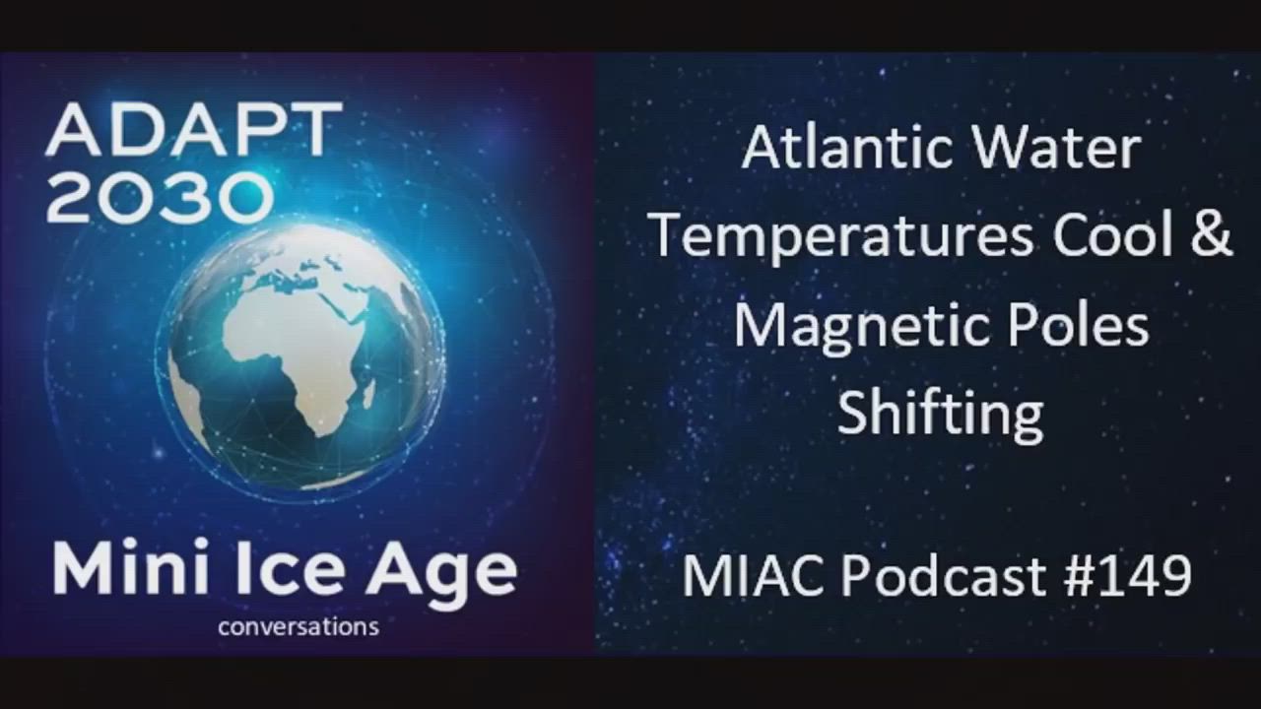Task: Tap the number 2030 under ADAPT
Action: [x=160, y=197]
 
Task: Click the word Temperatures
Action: [x=842, y=238]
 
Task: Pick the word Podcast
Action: [x=944, y=576]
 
